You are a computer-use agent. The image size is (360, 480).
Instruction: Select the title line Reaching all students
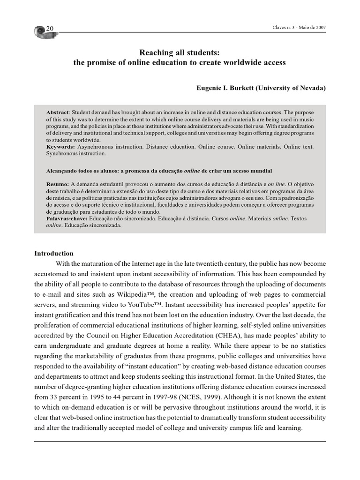pyautogui.click(x=180, y=52)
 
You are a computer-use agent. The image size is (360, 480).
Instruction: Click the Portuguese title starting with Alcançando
pyautogui.click(x=159, y=171)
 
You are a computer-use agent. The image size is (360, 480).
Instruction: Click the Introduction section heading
pyautogui.click(x=54, y=253)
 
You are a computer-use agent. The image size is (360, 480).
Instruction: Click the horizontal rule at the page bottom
pyautogui.click(x=180, y=441)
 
